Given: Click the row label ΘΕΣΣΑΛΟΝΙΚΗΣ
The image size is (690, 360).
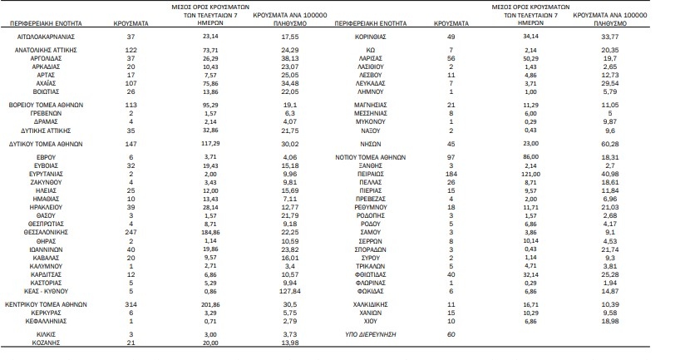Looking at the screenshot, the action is pyautogui.click(x=46, y=232).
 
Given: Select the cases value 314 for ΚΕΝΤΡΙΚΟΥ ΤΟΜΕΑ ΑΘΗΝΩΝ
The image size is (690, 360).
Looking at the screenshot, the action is pyautogui.click(x=131, y=304).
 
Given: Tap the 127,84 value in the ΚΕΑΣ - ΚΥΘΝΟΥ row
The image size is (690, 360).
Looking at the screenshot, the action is pyautogui.click(x=290, y=291).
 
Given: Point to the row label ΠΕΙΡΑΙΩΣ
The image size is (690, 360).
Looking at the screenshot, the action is pyautogui.click(x=370, y=174).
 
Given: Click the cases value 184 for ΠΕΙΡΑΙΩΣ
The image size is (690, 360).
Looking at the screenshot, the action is pyautogui.click(x=451, y=174).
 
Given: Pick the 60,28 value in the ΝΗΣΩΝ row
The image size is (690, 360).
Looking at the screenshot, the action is pyautogui.click(x=610, y=144).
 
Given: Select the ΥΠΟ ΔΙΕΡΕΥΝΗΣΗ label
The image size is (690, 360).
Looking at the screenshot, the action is pyautogui.click(x=371, y=334).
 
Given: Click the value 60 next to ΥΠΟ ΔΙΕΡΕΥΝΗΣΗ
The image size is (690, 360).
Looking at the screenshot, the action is pyautogui.click(x=451, y=334).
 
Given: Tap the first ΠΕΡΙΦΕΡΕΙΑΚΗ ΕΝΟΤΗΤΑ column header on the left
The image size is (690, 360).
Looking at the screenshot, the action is pyautogui.click(x=46, y=23).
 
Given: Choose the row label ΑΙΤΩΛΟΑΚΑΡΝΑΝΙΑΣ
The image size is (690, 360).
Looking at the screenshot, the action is pyautogui.click(x=46, y=37).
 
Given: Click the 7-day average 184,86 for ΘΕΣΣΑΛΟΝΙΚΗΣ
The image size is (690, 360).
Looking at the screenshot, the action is pyautogui.click(x=210, y=232).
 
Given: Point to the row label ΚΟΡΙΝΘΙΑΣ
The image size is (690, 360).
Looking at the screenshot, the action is pyautogui.click(x=370, y=37).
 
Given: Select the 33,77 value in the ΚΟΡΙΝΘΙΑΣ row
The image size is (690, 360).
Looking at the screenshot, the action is pyautogui.click(x=610, y=37).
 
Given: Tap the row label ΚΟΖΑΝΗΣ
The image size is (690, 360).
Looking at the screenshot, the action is pyautogui.click(x=46, y=343).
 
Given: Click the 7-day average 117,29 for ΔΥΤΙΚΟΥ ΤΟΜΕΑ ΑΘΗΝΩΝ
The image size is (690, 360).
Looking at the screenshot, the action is pyautogui.click(x=210, y=144).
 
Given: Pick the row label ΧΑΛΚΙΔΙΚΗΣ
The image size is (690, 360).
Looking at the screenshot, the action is pyautogui.click(x=370, y=304).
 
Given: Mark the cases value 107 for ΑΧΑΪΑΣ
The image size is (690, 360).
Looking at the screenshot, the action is pyautogui.click(x=131, y=83).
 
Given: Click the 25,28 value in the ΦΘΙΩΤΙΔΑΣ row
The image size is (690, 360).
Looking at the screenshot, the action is pyautogui.click(x=610, y=274).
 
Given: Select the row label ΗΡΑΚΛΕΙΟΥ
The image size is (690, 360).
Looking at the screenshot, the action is pyautogui.click(x=46, y=207).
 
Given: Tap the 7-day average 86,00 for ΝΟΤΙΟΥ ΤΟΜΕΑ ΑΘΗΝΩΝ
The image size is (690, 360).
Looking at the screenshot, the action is pyautogui.click(x=530, y=156).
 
